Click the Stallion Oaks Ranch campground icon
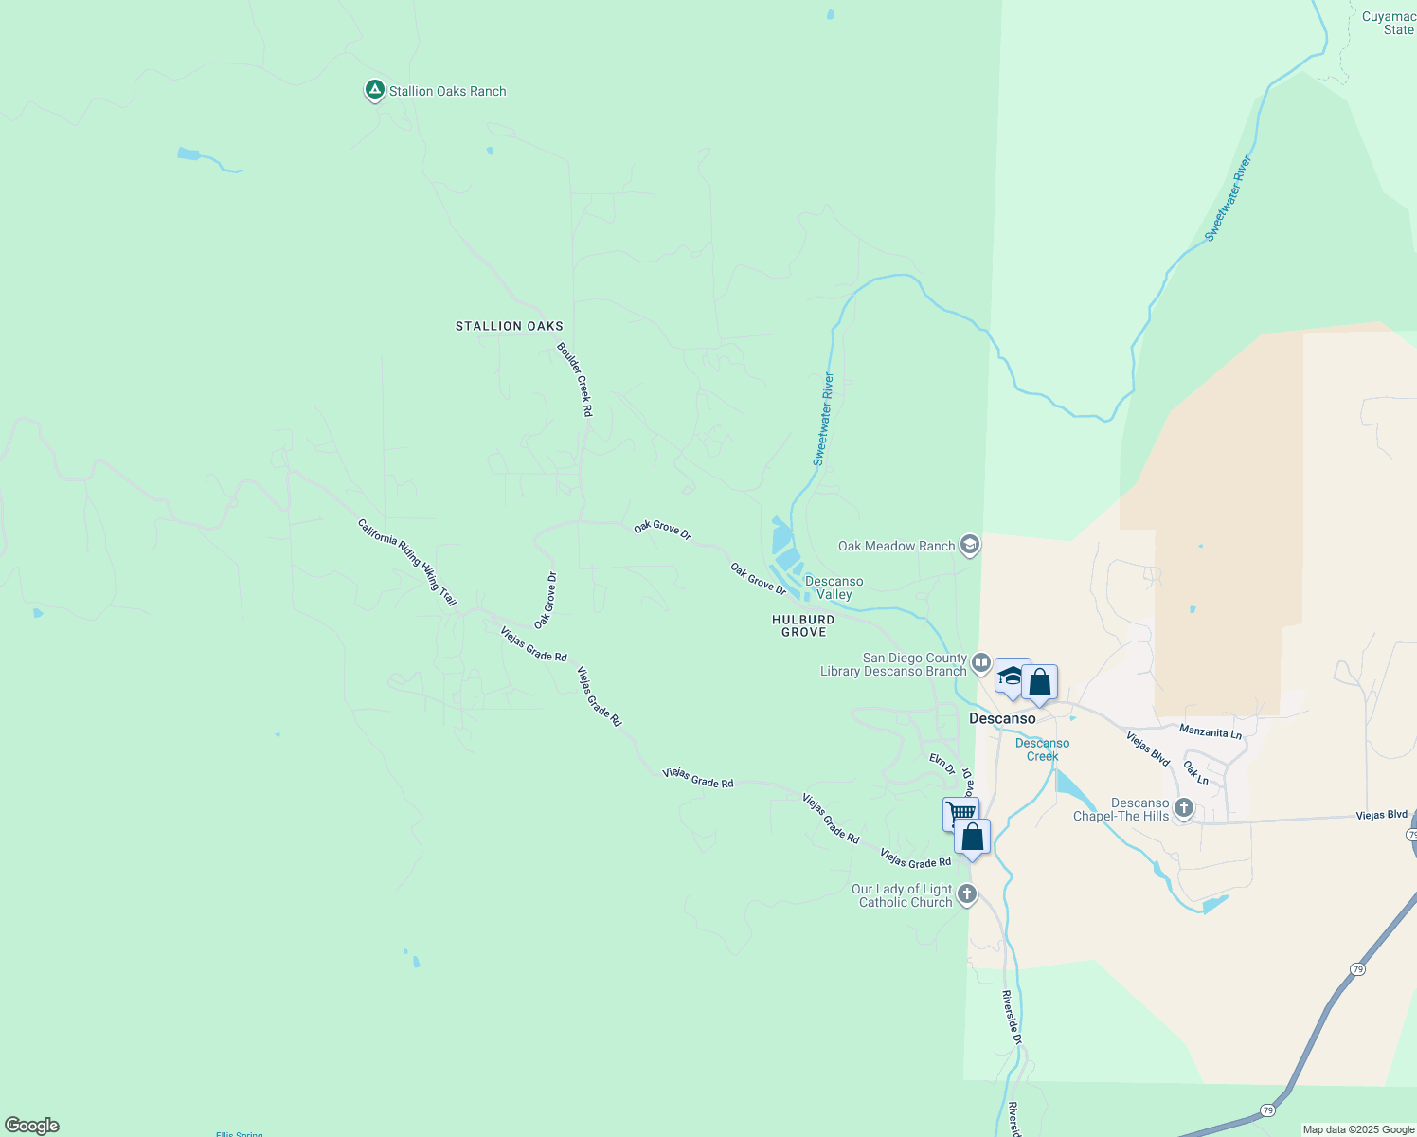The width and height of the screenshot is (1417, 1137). pos(374,90)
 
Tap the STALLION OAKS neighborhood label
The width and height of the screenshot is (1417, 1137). pos(510,326)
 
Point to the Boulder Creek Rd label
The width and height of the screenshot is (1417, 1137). pos(575,379)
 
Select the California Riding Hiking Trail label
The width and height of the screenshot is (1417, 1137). pos(407,562)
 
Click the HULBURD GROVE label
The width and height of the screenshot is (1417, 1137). pos(803,625)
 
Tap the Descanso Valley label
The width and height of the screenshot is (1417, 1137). pos(834,587)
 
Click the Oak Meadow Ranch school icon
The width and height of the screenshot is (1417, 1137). pos(969,545)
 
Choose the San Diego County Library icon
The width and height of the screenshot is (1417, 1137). pos(980,662)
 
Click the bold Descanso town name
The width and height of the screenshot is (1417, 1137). pos(1002,718)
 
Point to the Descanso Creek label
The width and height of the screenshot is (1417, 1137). pos(1042,749)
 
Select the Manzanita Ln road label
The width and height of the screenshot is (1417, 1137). pos(1210,731)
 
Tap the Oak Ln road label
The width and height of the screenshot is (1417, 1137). pos(1196,772)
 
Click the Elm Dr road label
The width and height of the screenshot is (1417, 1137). pos(942,764)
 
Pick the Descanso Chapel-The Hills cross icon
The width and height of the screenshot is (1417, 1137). pos(1183,808)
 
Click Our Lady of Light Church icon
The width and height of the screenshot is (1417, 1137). pos(966,893)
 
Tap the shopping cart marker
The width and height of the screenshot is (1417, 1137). pos(960,813)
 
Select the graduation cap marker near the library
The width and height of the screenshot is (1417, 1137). pos(1011,677)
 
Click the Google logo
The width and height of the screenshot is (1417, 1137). pos(32,1126)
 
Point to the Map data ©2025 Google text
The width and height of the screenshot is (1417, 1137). pos(1358,1129)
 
